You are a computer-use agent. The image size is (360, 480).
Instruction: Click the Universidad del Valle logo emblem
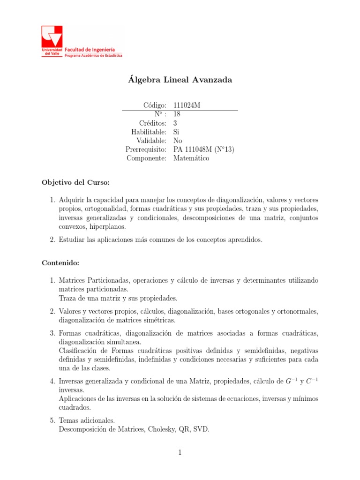point(52,37)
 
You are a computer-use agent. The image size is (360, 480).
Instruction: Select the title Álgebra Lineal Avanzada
point(180,80)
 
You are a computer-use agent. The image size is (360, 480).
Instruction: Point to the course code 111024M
point(187,105)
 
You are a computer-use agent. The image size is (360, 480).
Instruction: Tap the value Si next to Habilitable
point(176,132)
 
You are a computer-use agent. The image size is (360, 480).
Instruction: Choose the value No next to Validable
point(178,141)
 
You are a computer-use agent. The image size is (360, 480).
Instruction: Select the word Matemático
point(191,158)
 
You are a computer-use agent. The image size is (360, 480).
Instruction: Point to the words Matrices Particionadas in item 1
point(93,280)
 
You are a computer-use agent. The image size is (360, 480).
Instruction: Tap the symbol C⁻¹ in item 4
point(312,381)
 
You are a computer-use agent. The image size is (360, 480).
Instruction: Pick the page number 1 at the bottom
point(180,453)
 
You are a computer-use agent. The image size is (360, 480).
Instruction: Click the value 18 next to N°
point(177,114)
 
